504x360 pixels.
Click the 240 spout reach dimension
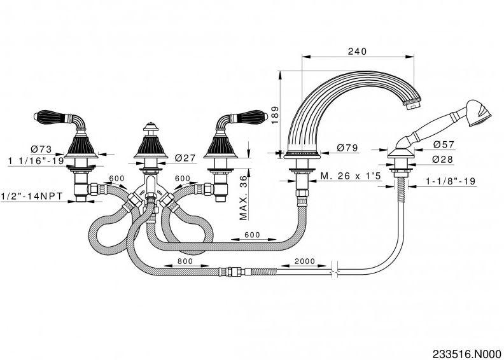(357, 52)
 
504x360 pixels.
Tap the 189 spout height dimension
(275, 115)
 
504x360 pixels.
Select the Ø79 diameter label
(347, 148)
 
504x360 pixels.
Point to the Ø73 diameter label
(41, 149)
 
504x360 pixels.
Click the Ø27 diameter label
(185, 158)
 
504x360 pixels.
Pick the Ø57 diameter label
(444, 145)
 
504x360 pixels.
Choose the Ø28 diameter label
(442, 159)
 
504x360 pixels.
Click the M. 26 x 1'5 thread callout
(351, 176)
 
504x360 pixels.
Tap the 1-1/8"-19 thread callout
(451, 181)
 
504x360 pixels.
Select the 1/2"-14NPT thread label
(32, 196)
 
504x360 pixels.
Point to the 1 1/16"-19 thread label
(36, 160)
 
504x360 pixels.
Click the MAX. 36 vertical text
(244, 198)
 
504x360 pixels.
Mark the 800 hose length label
(185, 261)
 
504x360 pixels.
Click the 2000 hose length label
(305, 261)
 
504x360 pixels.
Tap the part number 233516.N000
(466, 354)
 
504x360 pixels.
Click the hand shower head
(479, 113)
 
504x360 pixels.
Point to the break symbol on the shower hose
(335, 269)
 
